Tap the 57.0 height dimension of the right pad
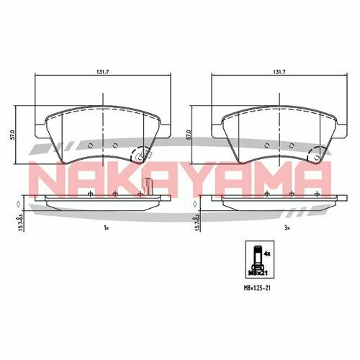(x=188, y=135)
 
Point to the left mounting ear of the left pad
(x=38, y=130)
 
